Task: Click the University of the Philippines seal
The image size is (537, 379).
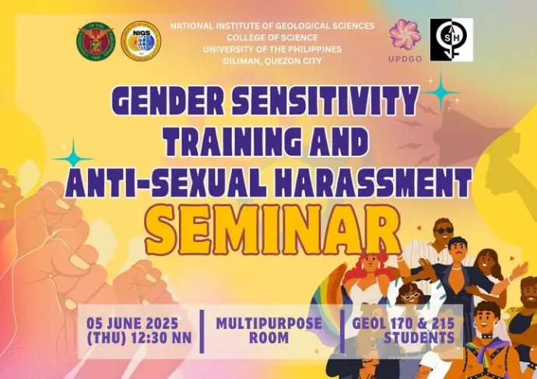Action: [x=96, y=42]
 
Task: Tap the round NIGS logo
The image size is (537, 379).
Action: [x=141, y=41]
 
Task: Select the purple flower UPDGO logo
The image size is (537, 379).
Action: [x=405, y=40]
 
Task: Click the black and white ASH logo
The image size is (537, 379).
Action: [x=451, y=40]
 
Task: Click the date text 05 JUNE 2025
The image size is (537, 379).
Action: [x=132, y=323]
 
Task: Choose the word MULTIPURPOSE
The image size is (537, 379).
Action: [x=268, y=323]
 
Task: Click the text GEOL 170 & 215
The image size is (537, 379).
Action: [x=403, y=323]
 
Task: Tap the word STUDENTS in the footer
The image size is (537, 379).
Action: [x=419, y=338]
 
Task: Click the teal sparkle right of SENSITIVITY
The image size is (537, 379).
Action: [x=440, y=93]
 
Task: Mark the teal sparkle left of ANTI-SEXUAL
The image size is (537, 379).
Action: [x=73, y=158]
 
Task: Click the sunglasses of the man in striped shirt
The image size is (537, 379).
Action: [x=444, y=231]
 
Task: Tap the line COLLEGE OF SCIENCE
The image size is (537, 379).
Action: [x=272, y=37]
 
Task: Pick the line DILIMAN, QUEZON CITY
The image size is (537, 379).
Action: [x=272, y=61]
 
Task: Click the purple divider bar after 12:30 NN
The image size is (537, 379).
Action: [x=202, y=332]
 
